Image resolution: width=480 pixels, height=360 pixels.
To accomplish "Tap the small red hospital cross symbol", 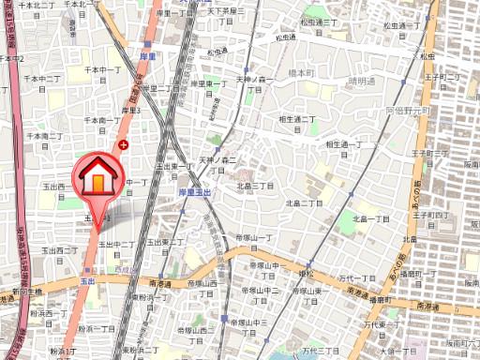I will (x=124, y=144).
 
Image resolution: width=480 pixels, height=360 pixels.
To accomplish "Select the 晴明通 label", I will (x=362, y=82).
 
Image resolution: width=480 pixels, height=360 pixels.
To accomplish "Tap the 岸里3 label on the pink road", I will (x=130, y=110).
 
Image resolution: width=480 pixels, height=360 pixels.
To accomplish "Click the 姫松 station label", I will (x=305, y=272).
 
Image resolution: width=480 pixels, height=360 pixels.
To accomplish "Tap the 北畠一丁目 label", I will (x=370, y=218).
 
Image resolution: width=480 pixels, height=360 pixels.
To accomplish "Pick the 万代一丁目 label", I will (x=356, y=278).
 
